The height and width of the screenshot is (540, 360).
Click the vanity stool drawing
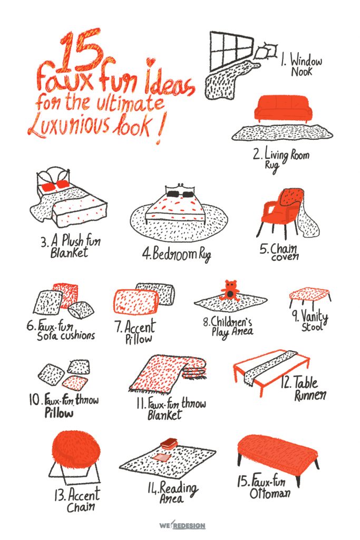310,297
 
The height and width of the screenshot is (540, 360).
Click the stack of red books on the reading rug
168,443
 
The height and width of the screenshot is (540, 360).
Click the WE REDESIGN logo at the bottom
182,525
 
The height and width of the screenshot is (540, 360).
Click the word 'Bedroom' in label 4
169,254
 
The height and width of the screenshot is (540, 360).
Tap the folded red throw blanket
169,374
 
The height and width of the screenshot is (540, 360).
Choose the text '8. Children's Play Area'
228,326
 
